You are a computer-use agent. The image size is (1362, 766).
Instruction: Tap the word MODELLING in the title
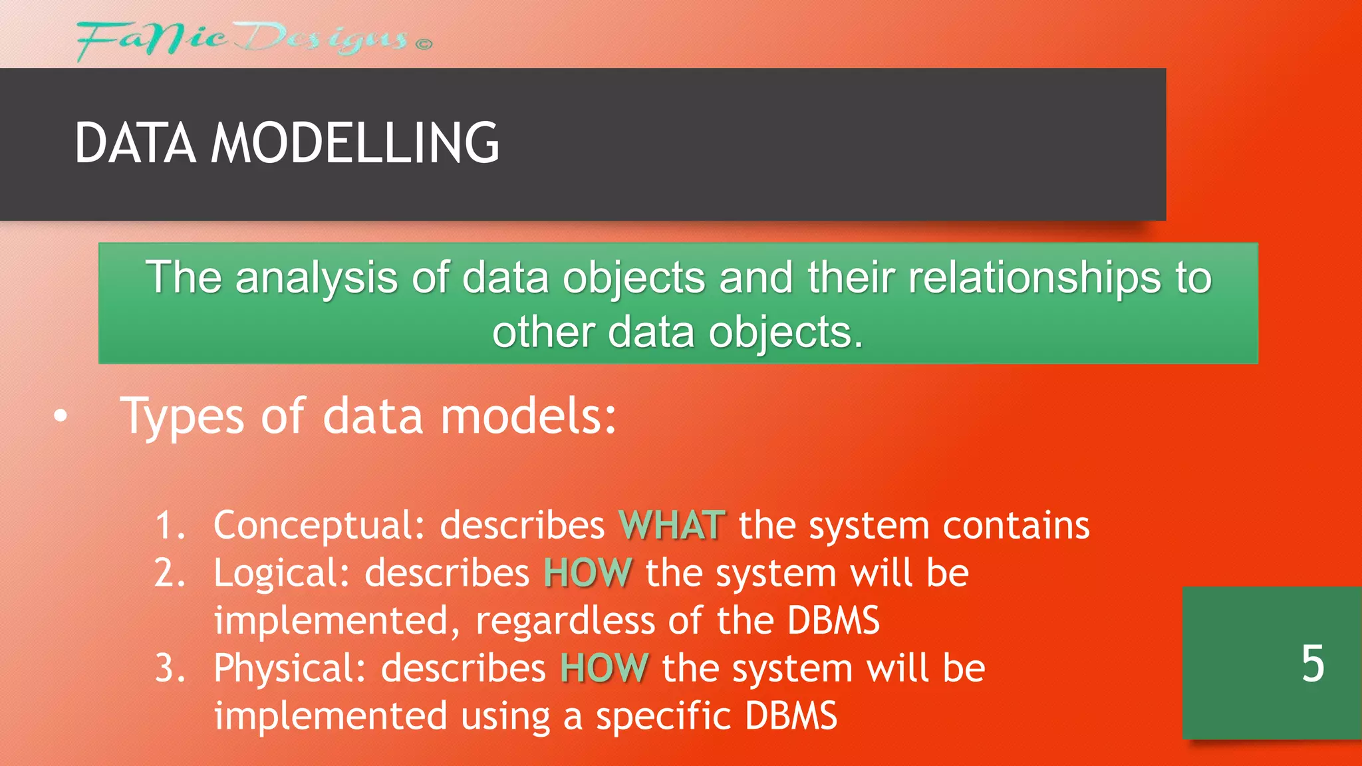[x=354, y=143]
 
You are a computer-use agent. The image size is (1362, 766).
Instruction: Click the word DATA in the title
[x=135, y=143]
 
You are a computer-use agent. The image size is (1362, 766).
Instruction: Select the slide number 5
[x=1312, y=664]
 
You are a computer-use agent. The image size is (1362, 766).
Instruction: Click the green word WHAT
[x=672, y=525]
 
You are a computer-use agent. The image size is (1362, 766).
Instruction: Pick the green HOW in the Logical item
[x=587, y=573]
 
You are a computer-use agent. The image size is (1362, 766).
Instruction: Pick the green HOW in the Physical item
[x=604, y=668]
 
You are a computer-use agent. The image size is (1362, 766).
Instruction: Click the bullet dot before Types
[x=61, y=417]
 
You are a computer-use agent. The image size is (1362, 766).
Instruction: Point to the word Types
[x=182, y=417]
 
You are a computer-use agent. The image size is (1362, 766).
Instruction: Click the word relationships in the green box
[x=1033, y=278]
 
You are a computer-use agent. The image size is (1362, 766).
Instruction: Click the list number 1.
[x=168, y=526]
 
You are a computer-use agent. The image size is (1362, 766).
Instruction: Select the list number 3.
[x=168, y=668]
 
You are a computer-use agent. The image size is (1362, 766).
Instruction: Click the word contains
[x=1016, y=526]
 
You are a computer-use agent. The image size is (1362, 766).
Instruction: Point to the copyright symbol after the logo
[x=424, y=45]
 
